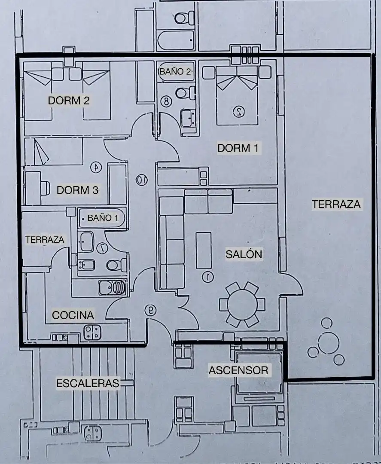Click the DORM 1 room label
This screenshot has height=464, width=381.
[x=238, y=148]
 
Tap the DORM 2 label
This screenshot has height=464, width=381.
[x=69, y=101]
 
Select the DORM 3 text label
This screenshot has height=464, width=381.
[x=77, y=190]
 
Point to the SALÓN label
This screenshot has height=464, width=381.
[x=244, y=254]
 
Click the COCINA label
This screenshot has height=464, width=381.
[x=73, y=315]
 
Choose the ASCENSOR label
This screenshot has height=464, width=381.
[x=238, y=370]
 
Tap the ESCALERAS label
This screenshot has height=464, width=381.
[x=88, y=383]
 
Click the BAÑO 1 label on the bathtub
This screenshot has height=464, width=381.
[x=103, y=218]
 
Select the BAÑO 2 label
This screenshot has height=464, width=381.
[x=176, y=71]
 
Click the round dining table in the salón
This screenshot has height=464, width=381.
[x=242, y=305]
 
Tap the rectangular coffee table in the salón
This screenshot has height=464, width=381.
[x=204, y=250]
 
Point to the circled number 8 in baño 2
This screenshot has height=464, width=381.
[x=166, y=101]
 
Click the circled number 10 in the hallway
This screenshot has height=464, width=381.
[x=142, y=180]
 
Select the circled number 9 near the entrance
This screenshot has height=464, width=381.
[x=151, y=310]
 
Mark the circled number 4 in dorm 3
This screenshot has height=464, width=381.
[x=96, y=168]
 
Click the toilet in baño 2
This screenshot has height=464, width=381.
[x=185, y=93]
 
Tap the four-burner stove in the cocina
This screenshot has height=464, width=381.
[x=92, y=332]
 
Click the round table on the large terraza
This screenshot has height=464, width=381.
[x=328, y=343]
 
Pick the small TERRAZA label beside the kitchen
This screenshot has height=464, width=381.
[x=45, y=239]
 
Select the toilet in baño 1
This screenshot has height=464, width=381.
[x=116, y=265]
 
